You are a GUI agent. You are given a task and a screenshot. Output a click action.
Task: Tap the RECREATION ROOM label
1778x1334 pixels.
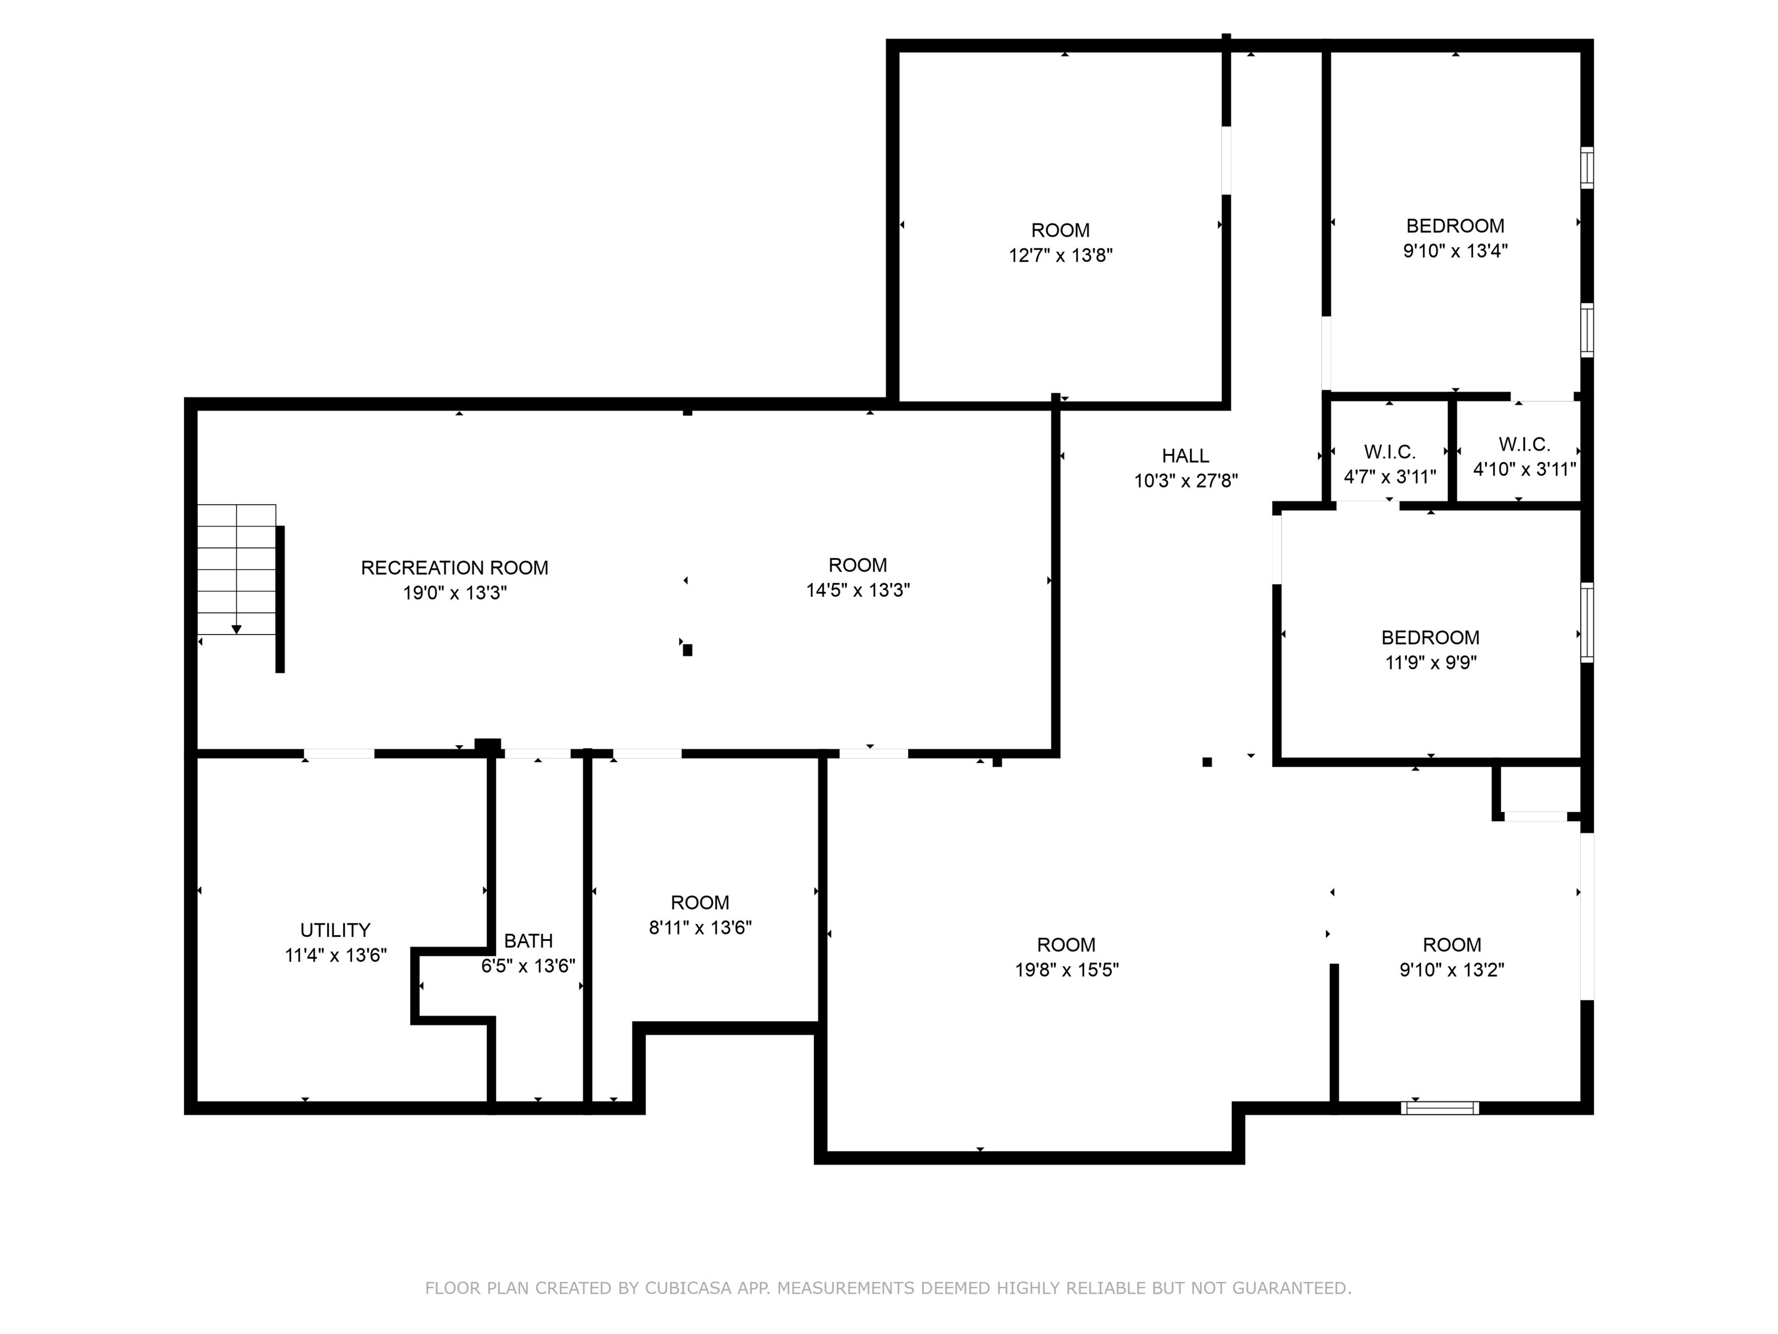tap(454, 567)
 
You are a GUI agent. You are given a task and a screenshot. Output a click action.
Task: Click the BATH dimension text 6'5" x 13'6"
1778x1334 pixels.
tap(528, 966)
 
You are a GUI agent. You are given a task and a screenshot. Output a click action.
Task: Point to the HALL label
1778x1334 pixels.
tap(1185, 456)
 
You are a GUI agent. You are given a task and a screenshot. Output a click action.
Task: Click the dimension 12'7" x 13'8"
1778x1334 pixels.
tap(1060, 256)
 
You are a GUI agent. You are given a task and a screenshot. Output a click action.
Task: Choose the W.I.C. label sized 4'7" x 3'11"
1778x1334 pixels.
tap(1389, 452)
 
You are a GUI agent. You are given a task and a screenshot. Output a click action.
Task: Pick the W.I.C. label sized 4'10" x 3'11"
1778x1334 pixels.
tap(1524, 444)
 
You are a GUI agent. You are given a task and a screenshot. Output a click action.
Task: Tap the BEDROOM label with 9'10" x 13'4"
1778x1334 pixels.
tap(1455, 226)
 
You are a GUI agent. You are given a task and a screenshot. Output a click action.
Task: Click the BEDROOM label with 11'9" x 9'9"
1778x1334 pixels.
tap(1430, 637)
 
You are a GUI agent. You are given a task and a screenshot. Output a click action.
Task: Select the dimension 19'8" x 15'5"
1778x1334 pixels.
tap(1066, 970)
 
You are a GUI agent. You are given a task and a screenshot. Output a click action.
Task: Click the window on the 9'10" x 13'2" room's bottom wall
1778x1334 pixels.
tap(1439, 1108)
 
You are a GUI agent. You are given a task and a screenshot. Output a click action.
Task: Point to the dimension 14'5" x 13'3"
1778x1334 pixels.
tap(858, 590)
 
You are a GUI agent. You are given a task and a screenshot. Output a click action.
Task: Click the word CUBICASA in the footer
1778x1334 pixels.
tap(688, 1288)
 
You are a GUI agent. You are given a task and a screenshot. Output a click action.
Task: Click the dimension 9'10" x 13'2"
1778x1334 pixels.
tap(1452, 970)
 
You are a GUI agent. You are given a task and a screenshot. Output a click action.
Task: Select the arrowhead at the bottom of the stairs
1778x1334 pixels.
tap(236, 629)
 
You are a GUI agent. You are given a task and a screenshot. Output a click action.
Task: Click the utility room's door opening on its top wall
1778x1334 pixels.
tap(339, 753)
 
